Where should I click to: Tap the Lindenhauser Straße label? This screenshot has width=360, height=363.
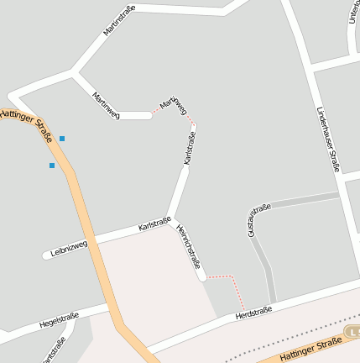pyautogui.click(x=328, y=139)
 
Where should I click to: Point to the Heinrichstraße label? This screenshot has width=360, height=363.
pyautogui.click(x=189, y=246)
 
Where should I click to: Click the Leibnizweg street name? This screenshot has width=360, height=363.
pyautogui.click(x=69, y=248)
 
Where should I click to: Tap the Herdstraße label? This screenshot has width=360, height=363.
pyautogui.click(x=253, y=313)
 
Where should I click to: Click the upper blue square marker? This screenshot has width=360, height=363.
pyautogui.click(x=62, y=138)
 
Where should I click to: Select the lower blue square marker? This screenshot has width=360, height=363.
pyautogui.click(x=52, y=166)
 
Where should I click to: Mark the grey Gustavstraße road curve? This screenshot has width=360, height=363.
pyautogui.click(x=260, y=252)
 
